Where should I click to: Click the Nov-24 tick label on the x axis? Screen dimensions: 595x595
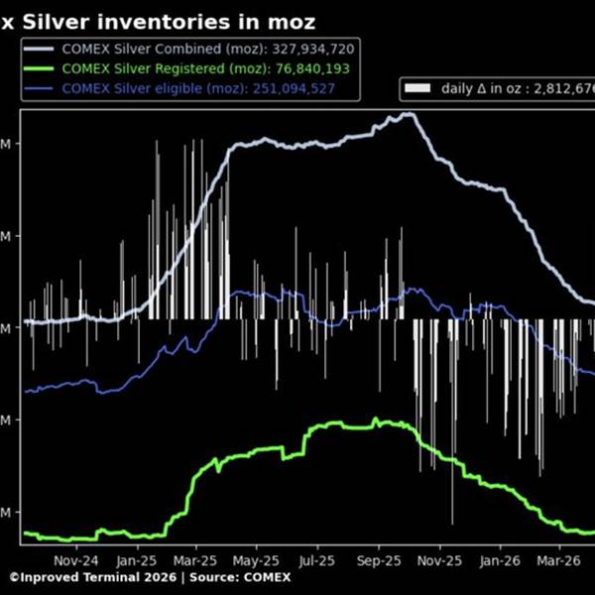coord(74,559)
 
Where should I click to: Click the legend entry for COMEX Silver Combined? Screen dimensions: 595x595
coord(159,48)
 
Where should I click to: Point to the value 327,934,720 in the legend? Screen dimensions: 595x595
coord(308,48)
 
